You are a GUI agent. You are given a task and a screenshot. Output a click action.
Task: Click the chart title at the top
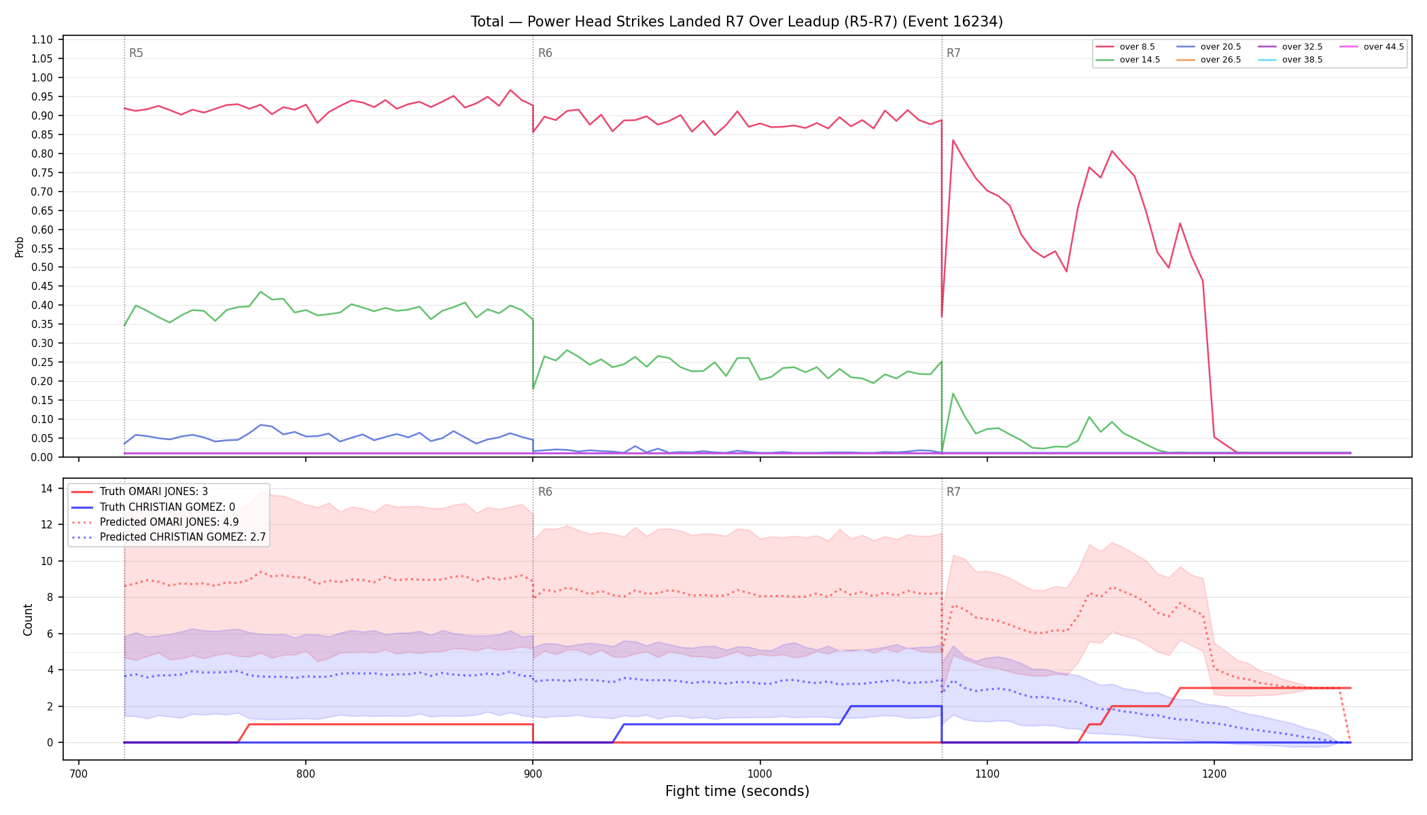[x=737, y=22]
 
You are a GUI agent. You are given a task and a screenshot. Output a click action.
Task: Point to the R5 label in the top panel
[x=136, y=53]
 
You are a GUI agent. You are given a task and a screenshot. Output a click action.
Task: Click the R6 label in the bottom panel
[x=545, y=492]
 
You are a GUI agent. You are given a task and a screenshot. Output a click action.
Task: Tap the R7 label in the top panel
[x=953, y=53]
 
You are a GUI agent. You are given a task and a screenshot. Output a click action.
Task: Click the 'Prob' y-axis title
[x=19, y=247]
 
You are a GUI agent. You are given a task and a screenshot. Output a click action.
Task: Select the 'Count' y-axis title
[x=28, y=619]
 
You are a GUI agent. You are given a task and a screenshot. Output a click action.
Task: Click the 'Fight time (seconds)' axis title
[x=737, y=791]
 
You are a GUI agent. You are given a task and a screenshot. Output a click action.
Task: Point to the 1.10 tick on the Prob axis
[x=42, y=39]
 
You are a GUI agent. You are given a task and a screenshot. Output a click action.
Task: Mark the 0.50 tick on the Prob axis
[x=42, y=267]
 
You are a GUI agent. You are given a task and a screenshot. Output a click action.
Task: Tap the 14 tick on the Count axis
[x=47, y=488]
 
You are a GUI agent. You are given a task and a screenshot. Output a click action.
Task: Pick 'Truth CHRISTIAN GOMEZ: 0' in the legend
[x=167, y=507]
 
